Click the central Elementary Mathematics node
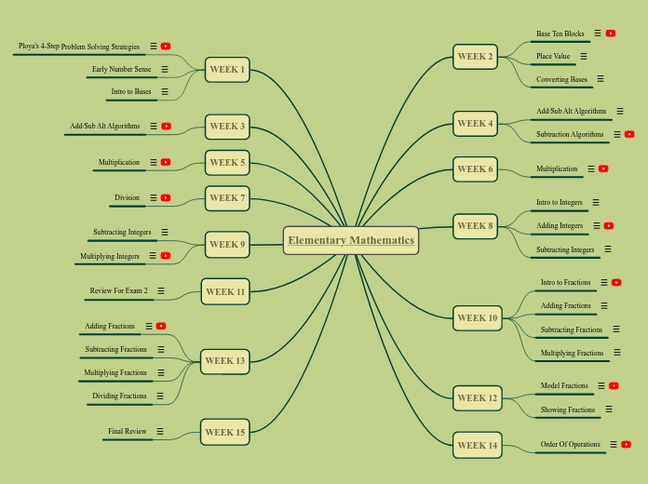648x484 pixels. [x=351, y=240]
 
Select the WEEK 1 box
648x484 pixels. [x=227, y=69]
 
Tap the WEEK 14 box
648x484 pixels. [x=477, y=445]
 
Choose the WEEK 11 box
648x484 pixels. [x=225, y=291]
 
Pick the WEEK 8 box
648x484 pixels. [x=476, y=225]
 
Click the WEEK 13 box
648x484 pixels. [x=225, y=360]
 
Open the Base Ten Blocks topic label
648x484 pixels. [x=560, y=34]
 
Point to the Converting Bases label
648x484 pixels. [x=561, y=80]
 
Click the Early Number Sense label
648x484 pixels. [x=121, y=69]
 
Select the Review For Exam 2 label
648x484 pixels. [x=118, y=290]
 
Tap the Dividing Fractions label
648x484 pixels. [x=119, y=396]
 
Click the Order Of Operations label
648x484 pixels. [x=571, y=444]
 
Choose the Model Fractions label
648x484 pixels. [x=564, y=385]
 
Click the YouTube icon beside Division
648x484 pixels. [x=166, y=197]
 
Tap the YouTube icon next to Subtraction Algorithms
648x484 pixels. [x=629, y=134]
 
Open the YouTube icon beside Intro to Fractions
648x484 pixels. [x=616, y=282]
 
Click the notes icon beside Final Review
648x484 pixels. [x=160, y=431]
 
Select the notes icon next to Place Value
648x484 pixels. [x=584, y=56]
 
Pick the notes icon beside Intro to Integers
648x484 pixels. [x=596, y=202]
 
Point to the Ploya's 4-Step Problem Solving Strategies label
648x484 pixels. [x=79, y=46]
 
